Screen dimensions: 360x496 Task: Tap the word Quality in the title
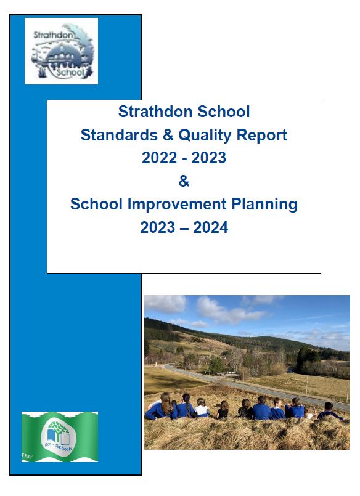coord(205,136)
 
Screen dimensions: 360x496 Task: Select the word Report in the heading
coord(261,136)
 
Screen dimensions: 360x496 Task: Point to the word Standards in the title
coord(119,135)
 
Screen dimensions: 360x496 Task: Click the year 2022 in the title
coord(159,158)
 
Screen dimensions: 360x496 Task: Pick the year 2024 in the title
coord(210,227)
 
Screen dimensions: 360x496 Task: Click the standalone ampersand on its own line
coord(184,181)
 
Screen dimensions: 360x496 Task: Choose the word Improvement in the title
coord(177,205)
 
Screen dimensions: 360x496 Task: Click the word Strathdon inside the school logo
coord(53,35)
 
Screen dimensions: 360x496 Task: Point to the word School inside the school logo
coord(70,72)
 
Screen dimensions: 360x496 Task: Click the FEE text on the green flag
coord(27,456)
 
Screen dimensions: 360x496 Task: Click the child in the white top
coord(202,408)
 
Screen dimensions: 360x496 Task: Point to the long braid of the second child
coord(188,407)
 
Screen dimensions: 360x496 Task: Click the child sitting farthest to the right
coord(329,411)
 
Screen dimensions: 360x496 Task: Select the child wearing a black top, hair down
coord(223,410)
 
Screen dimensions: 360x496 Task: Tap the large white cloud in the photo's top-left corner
coord(166,304)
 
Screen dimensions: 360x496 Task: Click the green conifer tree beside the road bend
coord(217,365)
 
